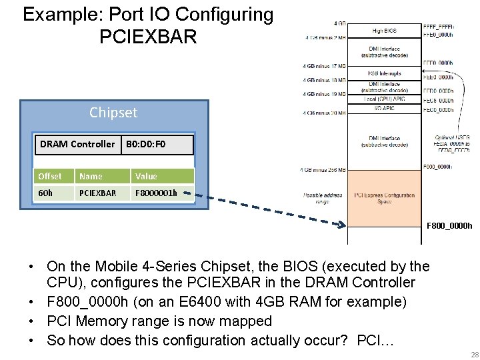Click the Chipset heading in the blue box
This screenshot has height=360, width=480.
tap(113, 112)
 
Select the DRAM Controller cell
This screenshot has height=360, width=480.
tap(77, 144)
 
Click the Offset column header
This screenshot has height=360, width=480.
tap(50, 176)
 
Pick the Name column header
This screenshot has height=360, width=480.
tap(91, 176)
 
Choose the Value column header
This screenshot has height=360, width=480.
tap(146, 176)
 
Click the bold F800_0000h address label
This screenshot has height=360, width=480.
tap(449, 225)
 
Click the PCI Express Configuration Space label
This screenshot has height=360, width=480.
tap(384, 198)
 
